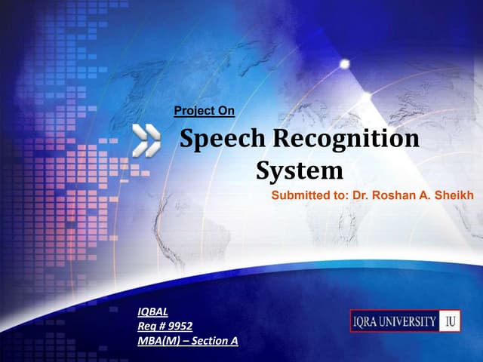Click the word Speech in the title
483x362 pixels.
point(219,140)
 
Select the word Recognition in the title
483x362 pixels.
point(345,140)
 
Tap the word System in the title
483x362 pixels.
point(299,170)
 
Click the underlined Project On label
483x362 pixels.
point(204,112)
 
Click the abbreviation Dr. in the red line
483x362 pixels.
point(359,195)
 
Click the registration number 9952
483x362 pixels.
point(179,326)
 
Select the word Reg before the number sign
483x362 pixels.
point(147,326)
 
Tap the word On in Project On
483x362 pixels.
point(226,112)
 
